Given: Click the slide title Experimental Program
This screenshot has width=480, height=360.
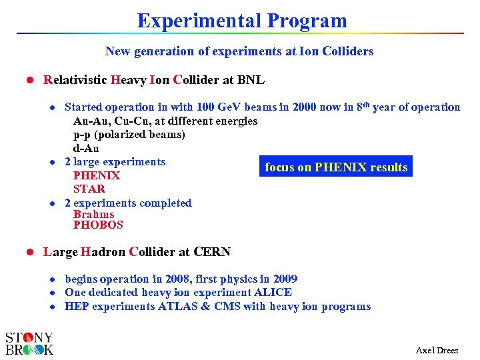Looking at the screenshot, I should pyautogui.click(x=242, y=21).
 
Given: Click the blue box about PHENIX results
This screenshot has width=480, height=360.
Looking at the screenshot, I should pyautogui.click(x=336, y=167).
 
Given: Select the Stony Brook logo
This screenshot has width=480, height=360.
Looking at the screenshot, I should pyautogui.click(x=29, y=343).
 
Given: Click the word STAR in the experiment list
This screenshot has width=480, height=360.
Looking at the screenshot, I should pyautogui.click(x=89, y=189).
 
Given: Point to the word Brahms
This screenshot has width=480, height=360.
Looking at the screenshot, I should pyautogui.click(x=93, y=214).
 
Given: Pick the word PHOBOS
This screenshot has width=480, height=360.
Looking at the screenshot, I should pyautogui.click(x=98, y=225).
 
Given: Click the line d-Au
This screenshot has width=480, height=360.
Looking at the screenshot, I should pyautogui.click(x=86, y=148).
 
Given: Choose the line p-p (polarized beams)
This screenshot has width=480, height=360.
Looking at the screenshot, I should pyautogui.click(x=129, y=135).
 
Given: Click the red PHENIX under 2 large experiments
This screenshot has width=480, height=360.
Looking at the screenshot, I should pyautogui.click(x=96, y=176).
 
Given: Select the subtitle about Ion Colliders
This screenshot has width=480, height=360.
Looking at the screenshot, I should pyautogui.click(x=239, y=51).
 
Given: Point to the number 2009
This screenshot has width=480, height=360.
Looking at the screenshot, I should pyautogui.click(x=284, y=279).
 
